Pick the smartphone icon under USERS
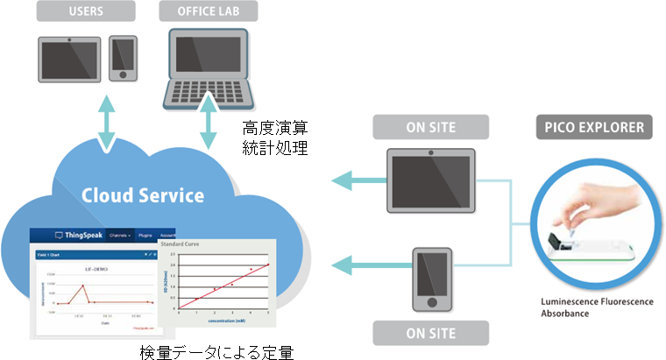(x=123, y=59)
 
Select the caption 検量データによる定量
(x=216, y=351)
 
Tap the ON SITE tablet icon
(x=430, y=178)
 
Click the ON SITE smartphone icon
(x=431, y=279)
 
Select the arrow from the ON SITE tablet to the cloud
(x=356, y=181)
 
